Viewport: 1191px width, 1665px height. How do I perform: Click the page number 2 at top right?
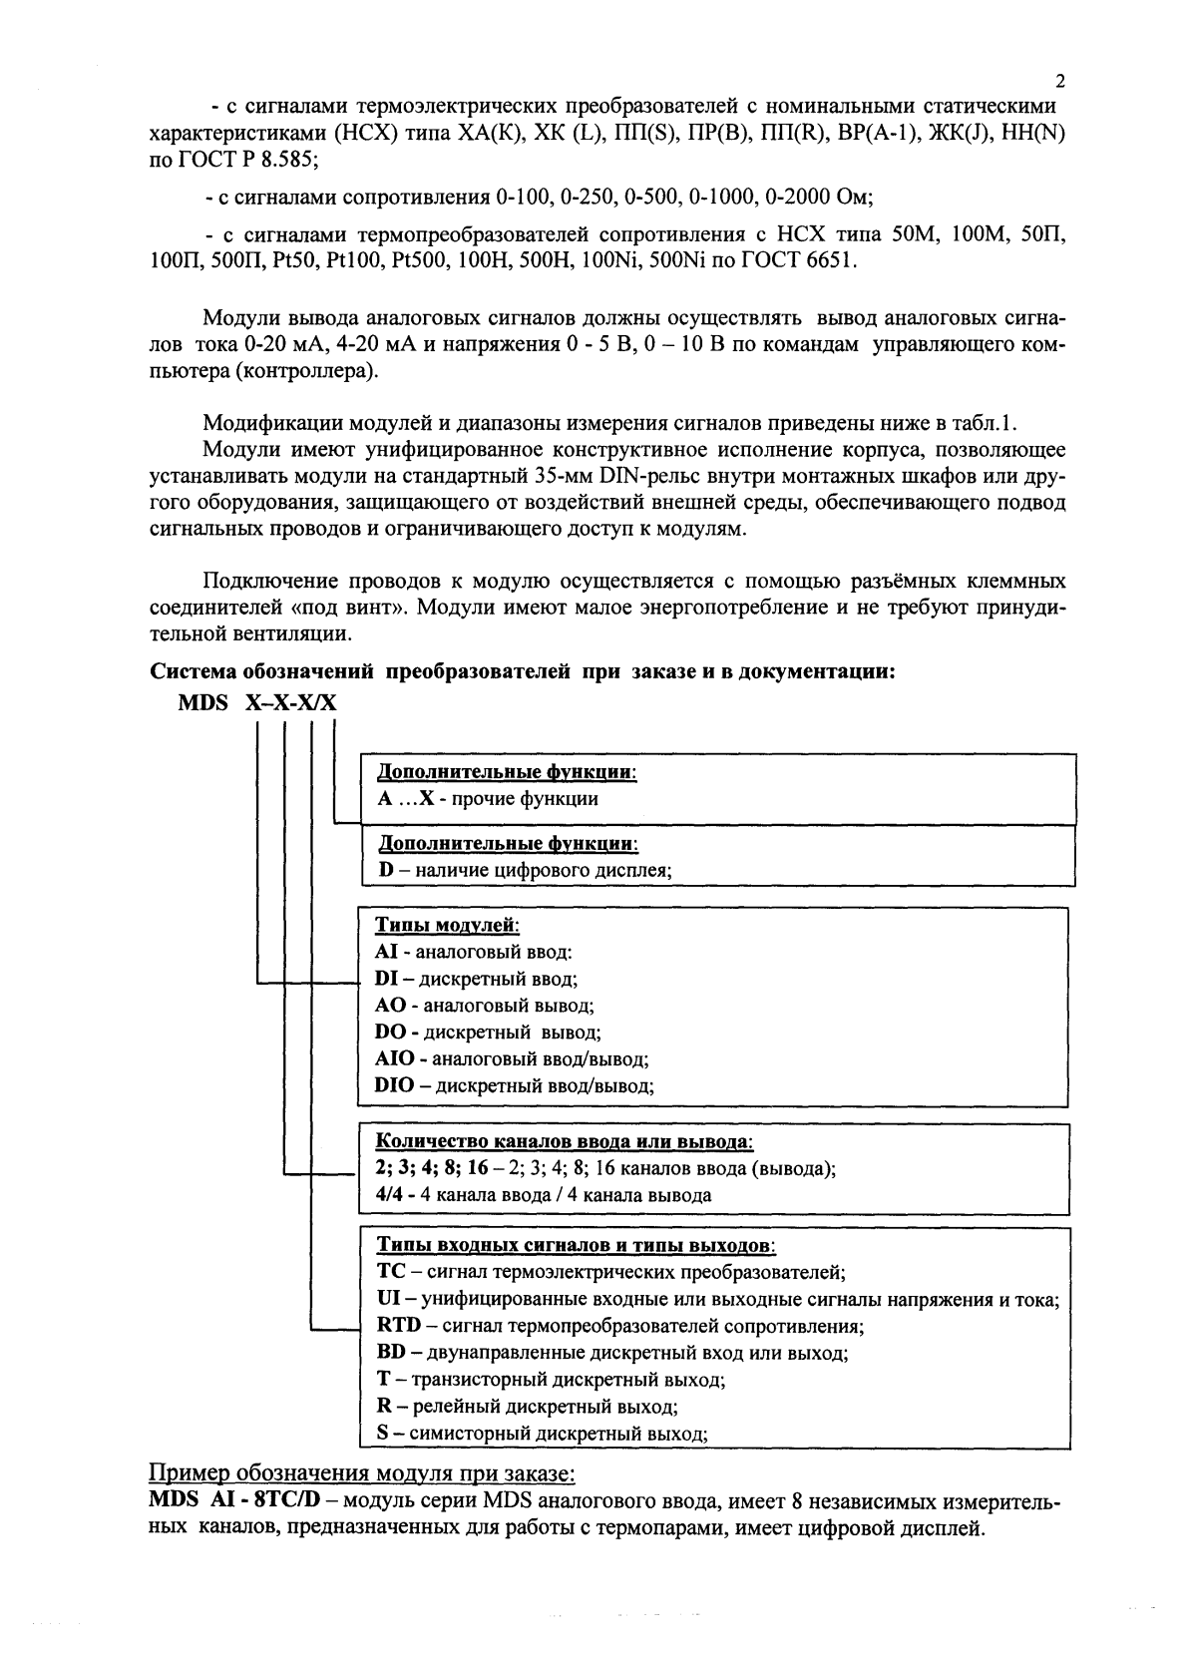tap(1060, 82)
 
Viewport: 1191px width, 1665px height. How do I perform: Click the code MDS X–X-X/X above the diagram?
tap(257, 702)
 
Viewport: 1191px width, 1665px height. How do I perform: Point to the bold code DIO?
tap(395, 1085)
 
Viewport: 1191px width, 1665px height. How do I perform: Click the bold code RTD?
tap(399, 1326)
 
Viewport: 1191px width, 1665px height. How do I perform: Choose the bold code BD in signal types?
tap(391, 1353)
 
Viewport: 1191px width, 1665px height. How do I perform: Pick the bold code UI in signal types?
tap(388, 1299)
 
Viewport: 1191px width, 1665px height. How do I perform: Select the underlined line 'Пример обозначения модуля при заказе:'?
tap(362, 1473)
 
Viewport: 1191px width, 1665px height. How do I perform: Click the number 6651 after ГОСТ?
tap(830, 261)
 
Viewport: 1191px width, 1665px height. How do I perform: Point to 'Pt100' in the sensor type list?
tap(363, 261)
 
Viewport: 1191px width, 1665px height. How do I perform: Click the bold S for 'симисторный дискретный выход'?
tap(382, 1434)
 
